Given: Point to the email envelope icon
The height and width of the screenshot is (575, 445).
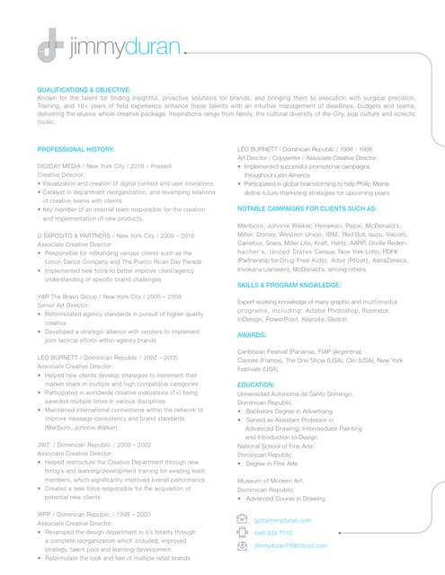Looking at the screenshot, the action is [x=241, y=519].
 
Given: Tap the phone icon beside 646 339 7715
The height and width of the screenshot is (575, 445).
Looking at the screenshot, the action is [x=241, y=533].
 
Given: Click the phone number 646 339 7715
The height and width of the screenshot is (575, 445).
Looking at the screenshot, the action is [x=273, y=533].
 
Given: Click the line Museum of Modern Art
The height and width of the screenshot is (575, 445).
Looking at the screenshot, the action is [x=271, y=482].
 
